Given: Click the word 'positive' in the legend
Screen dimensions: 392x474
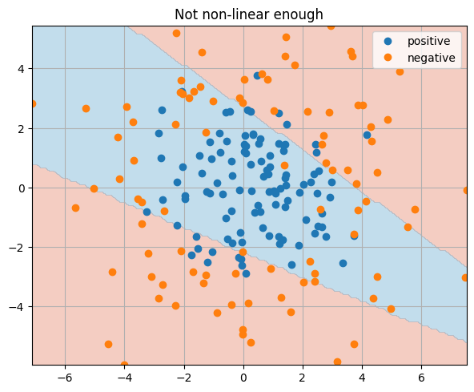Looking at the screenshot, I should [x=428, y=41].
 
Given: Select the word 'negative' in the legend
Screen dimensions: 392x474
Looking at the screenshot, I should [x=431, y=58].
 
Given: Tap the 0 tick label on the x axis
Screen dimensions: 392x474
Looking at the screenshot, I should [x=243, y=378].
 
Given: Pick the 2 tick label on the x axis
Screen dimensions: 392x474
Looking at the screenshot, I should [x=303, y=378].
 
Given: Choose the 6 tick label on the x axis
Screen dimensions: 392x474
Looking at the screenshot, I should [x=421, y=378].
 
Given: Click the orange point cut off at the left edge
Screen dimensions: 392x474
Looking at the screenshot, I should [x=33, y=103].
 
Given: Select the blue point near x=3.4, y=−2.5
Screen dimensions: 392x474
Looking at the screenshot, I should [x=343, y=263].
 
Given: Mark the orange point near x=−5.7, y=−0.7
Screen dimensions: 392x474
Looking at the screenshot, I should [x=75, y=208].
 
